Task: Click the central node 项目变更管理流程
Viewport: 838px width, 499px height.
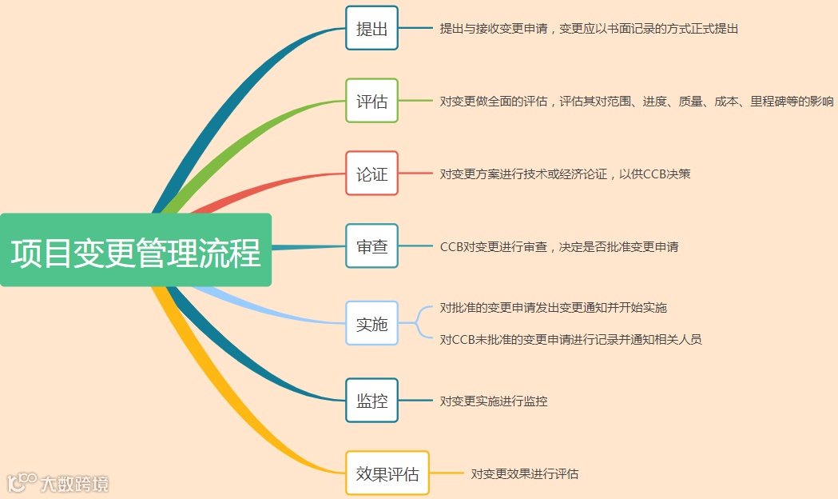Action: [136, 250]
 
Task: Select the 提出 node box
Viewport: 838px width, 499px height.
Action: [371, 28]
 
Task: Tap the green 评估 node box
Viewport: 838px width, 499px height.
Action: [371, 101]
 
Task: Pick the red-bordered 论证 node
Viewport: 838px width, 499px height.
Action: [371, 174]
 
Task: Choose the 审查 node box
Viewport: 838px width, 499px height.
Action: [371, 246]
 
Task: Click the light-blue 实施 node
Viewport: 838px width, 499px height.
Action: [371, 323]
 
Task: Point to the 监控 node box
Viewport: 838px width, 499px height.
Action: [371, 400]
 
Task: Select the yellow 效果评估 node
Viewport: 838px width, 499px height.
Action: [387, 473]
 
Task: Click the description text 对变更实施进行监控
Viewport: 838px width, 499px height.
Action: [494, 401]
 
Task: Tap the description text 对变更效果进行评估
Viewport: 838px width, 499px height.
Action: [525, 473]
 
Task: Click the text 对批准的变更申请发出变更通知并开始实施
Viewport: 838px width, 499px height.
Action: [553, 308]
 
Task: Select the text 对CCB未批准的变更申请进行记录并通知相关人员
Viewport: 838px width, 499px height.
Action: [570, 339]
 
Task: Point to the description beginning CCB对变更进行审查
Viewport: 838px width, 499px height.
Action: [559, 247]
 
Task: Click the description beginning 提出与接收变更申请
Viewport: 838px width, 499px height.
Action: [589, 29]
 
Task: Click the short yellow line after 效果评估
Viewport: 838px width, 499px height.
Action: [447, 473]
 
